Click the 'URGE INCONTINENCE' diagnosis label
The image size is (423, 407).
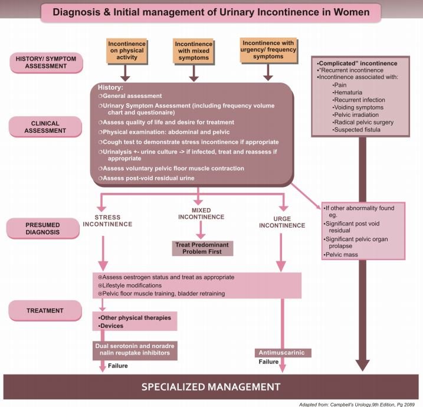282,222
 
